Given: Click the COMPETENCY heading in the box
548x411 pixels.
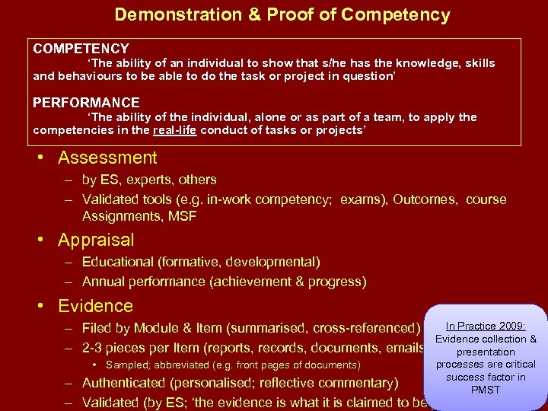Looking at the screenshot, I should [x=81, y=49].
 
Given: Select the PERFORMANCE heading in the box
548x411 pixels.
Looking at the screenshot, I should [x=86, y=103].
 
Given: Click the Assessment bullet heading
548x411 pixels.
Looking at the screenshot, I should [x=107, y=158].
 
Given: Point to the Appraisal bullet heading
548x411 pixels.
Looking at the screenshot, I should [x=96, y=241].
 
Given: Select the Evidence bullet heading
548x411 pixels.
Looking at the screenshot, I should [x=95, y=306].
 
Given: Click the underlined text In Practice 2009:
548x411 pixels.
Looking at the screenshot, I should [x=486, y=326].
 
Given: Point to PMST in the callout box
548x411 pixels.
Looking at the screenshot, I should [x=486, y=390].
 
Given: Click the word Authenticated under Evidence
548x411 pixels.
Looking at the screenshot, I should [x=126, y=383].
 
